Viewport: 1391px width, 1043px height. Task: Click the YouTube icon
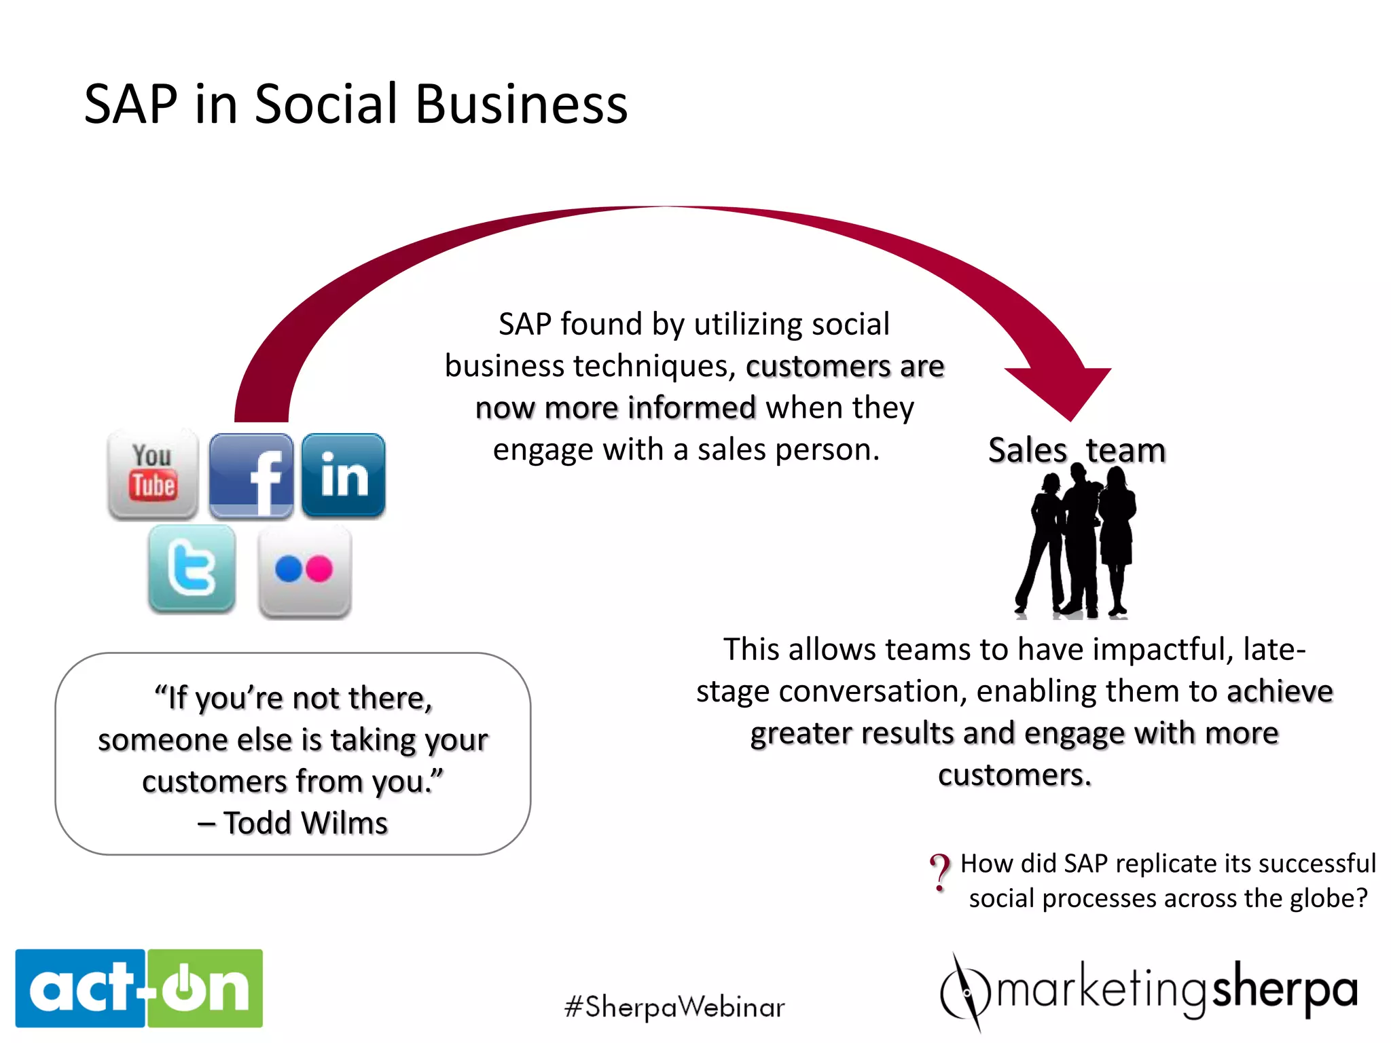click(153, 475)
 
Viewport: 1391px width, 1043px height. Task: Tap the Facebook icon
click(251, 476)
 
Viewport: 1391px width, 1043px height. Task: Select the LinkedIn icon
click(344, 475)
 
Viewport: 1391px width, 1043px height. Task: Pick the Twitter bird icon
click(192, 568)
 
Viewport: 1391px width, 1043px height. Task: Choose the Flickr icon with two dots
click(305, 571)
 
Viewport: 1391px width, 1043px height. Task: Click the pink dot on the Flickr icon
click(319, 569)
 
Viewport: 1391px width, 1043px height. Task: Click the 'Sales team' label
click(1077, 450)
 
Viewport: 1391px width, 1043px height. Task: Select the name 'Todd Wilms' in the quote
click(306, 823)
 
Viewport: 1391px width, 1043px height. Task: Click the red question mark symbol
click(941, 872)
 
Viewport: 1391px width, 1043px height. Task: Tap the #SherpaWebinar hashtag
click(674, 1007)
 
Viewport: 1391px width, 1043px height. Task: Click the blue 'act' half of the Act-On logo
click(80, 988)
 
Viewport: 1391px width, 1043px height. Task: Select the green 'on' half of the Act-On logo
click(205, 988)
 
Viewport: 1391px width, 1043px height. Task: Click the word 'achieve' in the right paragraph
click(1280, 691)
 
